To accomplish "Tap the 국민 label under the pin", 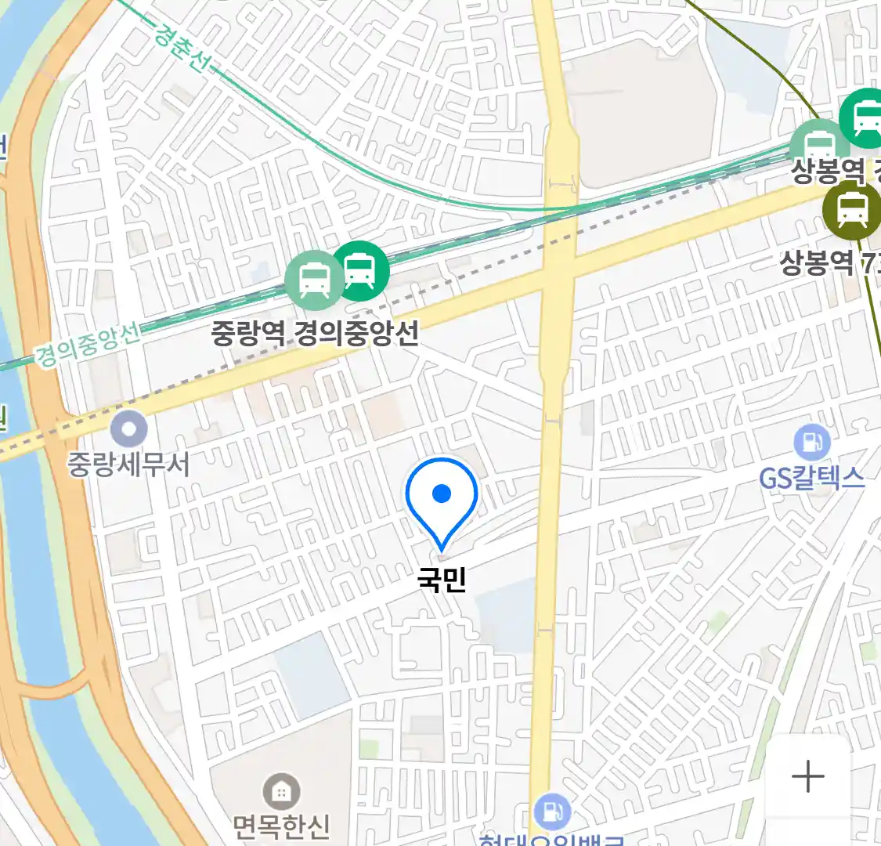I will pyautogui.click(x=442, y=580).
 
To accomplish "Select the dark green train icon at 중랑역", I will pyautogui.click(x=360, y=271).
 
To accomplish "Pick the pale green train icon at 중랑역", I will pyautogui.click(x=314, y=280).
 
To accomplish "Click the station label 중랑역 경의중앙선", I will pyautogui.click(x=315, y=333).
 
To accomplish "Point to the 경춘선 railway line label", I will pyautogui.click(x=182, y=47).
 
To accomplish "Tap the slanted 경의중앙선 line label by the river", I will pyautogui.click(x=88, y=345).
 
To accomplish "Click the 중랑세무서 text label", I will pyautogui.click(x=128, y=465).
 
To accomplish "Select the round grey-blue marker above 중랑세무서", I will pyautogui.click(x=129, y=428).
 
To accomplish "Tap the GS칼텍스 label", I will pyautogui.click(x=812, y=477).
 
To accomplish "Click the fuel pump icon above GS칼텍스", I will pyautogui.click(x=812, y=443).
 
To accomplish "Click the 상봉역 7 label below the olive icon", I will pyautogui.click(x=829, y=262).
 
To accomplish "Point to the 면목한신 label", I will pyautogui.click(x=281, y=826).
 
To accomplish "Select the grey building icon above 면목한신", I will pyautogui.click(x=281, y=793).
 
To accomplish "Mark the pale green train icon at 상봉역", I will pyautogui.click(x=819, y=145).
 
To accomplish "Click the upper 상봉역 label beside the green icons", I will pyautogui.click(x=828, y=170).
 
